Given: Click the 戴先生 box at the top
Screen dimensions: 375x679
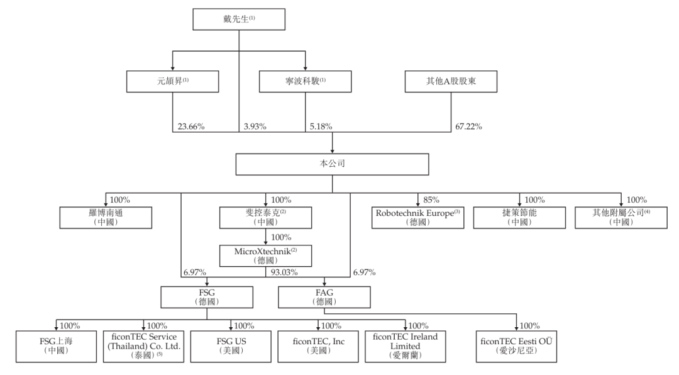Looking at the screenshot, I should coord(239,20).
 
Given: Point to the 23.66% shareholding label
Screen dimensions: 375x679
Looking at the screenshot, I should coord(191,126).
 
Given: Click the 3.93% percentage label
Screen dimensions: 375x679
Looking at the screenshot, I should coord(254,126).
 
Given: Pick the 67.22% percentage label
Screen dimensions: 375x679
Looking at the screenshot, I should coord(468,126).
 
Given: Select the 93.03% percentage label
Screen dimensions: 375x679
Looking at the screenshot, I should coord(284,273).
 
